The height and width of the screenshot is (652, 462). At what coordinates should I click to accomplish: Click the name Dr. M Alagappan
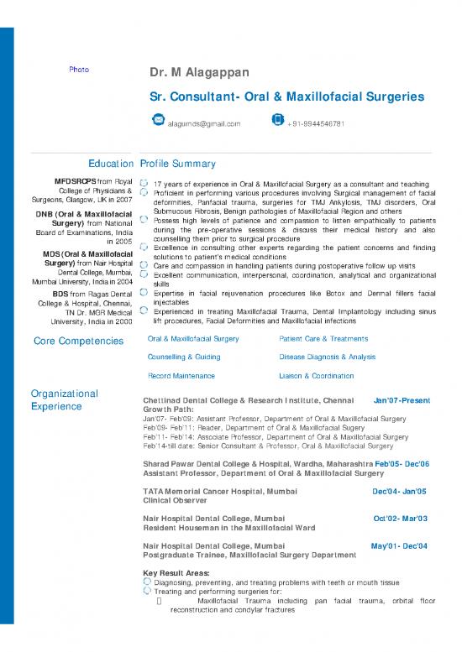click(197, 74)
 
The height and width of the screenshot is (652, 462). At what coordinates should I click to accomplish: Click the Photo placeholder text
click(79, 69)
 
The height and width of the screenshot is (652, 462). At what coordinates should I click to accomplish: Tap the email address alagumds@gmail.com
click(204, 124)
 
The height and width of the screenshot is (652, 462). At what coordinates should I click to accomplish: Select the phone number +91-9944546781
click(316, 124)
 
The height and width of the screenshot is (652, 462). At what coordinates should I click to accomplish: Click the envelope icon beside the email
click(157, 121)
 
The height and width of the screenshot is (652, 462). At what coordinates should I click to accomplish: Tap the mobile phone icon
click(277, 121)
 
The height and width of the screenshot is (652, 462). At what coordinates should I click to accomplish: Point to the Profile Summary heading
click(178, 164)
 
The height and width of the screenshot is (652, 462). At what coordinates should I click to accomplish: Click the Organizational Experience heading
click(64, 399)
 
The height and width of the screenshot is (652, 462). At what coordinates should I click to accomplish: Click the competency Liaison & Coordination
click(317, 376)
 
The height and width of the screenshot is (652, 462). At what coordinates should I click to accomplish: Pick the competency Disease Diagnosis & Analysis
click(327, 357)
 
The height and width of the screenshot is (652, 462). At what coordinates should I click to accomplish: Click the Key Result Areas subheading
click(178, 572)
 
